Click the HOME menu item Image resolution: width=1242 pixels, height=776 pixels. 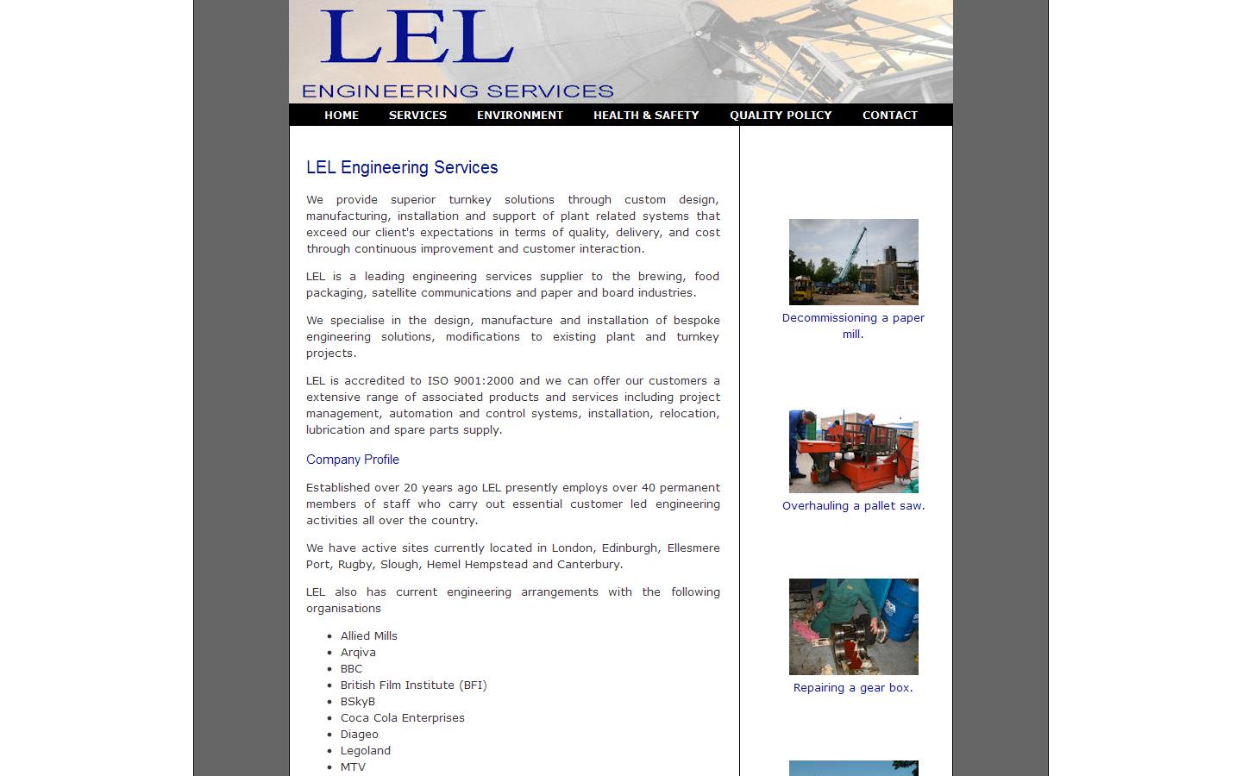(342, 115)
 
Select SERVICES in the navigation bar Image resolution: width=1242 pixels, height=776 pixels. (417, 115)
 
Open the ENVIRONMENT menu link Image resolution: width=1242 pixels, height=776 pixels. (519, 115)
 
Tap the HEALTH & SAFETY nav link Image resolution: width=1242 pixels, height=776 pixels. (646, 115)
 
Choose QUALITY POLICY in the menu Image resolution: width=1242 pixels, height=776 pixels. (781, 115)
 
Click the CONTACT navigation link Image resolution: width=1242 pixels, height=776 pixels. (890, 115)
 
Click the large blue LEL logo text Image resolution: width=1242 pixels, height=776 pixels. (417, 37)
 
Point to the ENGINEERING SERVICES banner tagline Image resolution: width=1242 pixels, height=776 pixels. (457, 91)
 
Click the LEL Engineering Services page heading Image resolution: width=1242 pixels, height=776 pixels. (402, 167)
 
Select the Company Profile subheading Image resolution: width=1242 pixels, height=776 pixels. (353, 460)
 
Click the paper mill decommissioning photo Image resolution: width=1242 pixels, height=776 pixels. (853, 261)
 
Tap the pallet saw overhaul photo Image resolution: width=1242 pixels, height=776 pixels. (853, 451)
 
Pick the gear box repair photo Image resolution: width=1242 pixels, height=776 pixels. (853, 626)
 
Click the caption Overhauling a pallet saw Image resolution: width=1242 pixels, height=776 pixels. (853, 506)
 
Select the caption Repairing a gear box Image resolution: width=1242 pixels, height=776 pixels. (853, 688)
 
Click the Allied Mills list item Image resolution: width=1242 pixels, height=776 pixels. (369, 636)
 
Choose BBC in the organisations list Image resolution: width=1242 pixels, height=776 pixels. (351, 669)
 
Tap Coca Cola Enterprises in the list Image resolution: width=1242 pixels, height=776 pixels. (402, 718)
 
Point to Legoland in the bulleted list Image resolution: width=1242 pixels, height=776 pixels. (366, 751)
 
